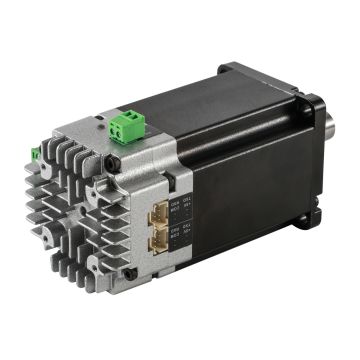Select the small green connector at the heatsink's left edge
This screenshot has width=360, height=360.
tap(36, 154)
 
